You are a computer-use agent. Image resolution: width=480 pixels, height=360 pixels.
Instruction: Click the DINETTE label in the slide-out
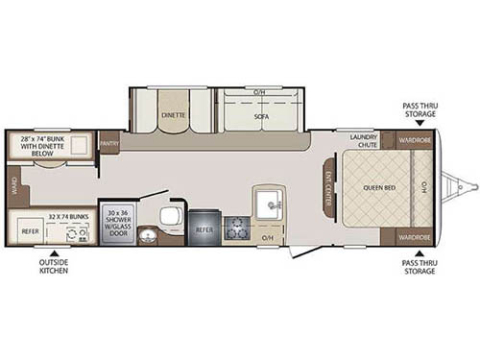[x=174, y=112]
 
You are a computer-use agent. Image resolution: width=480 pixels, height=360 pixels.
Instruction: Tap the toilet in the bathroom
[x=169, y=215]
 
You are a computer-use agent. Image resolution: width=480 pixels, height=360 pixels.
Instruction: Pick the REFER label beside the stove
[x=204, y=229]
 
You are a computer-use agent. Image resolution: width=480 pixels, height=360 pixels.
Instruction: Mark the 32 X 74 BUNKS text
[x=66, y=218]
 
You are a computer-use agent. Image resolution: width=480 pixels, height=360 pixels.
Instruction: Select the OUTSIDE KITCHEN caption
[x=54, y=266]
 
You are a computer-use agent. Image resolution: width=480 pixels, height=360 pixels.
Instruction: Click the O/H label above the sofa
[x=260, y=91]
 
